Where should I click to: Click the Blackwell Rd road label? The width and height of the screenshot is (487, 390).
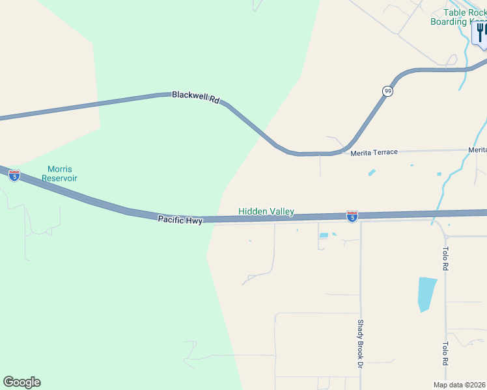[196, 97]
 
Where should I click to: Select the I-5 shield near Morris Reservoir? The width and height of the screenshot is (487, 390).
[14, 175]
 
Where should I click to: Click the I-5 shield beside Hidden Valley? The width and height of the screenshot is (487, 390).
[352, 216]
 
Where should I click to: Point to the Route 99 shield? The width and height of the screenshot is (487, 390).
[388, 91]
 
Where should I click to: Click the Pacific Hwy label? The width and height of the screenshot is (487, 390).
[180, 220]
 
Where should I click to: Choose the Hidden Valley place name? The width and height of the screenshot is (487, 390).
[266, 211]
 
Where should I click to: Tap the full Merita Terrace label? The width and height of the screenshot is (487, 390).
[374, 153]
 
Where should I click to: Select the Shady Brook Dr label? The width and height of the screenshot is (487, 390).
[359, 343]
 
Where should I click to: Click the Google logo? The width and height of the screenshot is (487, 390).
[21, 382]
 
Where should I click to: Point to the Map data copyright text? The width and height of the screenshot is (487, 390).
[460, 385]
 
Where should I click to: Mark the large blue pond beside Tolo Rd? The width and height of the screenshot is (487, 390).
[426, 294]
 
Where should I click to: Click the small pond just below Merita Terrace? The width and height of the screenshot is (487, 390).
[372, 172]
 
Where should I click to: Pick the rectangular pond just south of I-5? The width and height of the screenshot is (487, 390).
[324, 235]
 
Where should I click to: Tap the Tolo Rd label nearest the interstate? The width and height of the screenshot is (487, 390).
[446, 258]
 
